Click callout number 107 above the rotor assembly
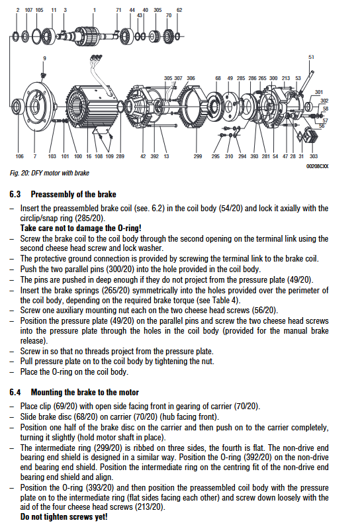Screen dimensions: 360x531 pos(28,10)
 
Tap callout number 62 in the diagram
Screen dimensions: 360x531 pos(179,10)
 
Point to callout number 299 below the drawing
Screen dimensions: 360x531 pos(198,156)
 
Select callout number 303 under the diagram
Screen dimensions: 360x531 pos(314,156)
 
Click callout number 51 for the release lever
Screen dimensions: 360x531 pos(311,57)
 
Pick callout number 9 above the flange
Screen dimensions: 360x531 pos(44,58)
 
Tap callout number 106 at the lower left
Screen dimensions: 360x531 pos(20,156)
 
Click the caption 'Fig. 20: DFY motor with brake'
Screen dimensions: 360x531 pos(50,173)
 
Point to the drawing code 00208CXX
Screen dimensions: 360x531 pos(317,166)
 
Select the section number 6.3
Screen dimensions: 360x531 pos(15,195)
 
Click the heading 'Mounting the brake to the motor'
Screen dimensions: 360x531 pos(85,392)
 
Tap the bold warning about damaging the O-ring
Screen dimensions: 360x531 pos(81,228)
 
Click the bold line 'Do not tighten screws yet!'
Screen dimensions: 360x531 pos(64,517)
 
